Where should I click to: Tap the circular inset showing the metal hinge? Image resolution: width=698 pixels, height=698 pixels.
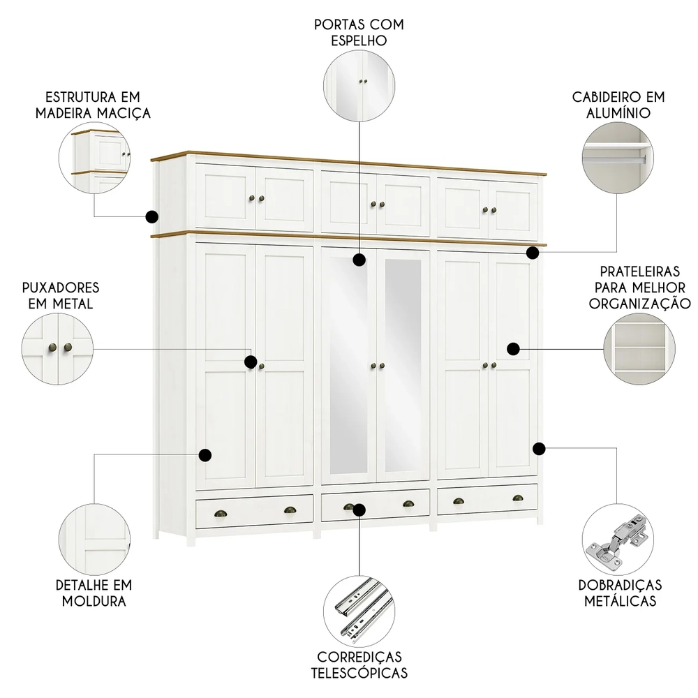[618, 540]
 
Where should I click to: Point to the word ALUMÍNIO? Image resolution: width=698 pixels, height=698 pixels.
[619, 112]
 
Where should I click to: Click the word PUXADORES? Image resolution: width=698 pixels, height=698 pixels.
[60, 288]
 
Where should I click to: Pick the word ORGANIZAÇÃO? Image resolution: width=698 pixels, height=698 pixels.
[639, 304]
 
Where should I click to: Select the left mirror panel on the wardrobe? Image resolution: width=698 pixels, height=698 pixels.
[348, 366]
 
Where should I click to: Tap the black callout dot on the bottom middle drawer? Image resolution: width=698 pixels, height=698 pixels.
[359, 510]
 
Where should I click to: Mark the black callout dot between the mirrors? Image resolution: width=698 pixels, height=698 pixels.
[359, 260]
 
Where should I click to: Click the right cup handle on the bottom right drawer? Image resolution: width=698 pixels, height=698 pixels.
[517, 498]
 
